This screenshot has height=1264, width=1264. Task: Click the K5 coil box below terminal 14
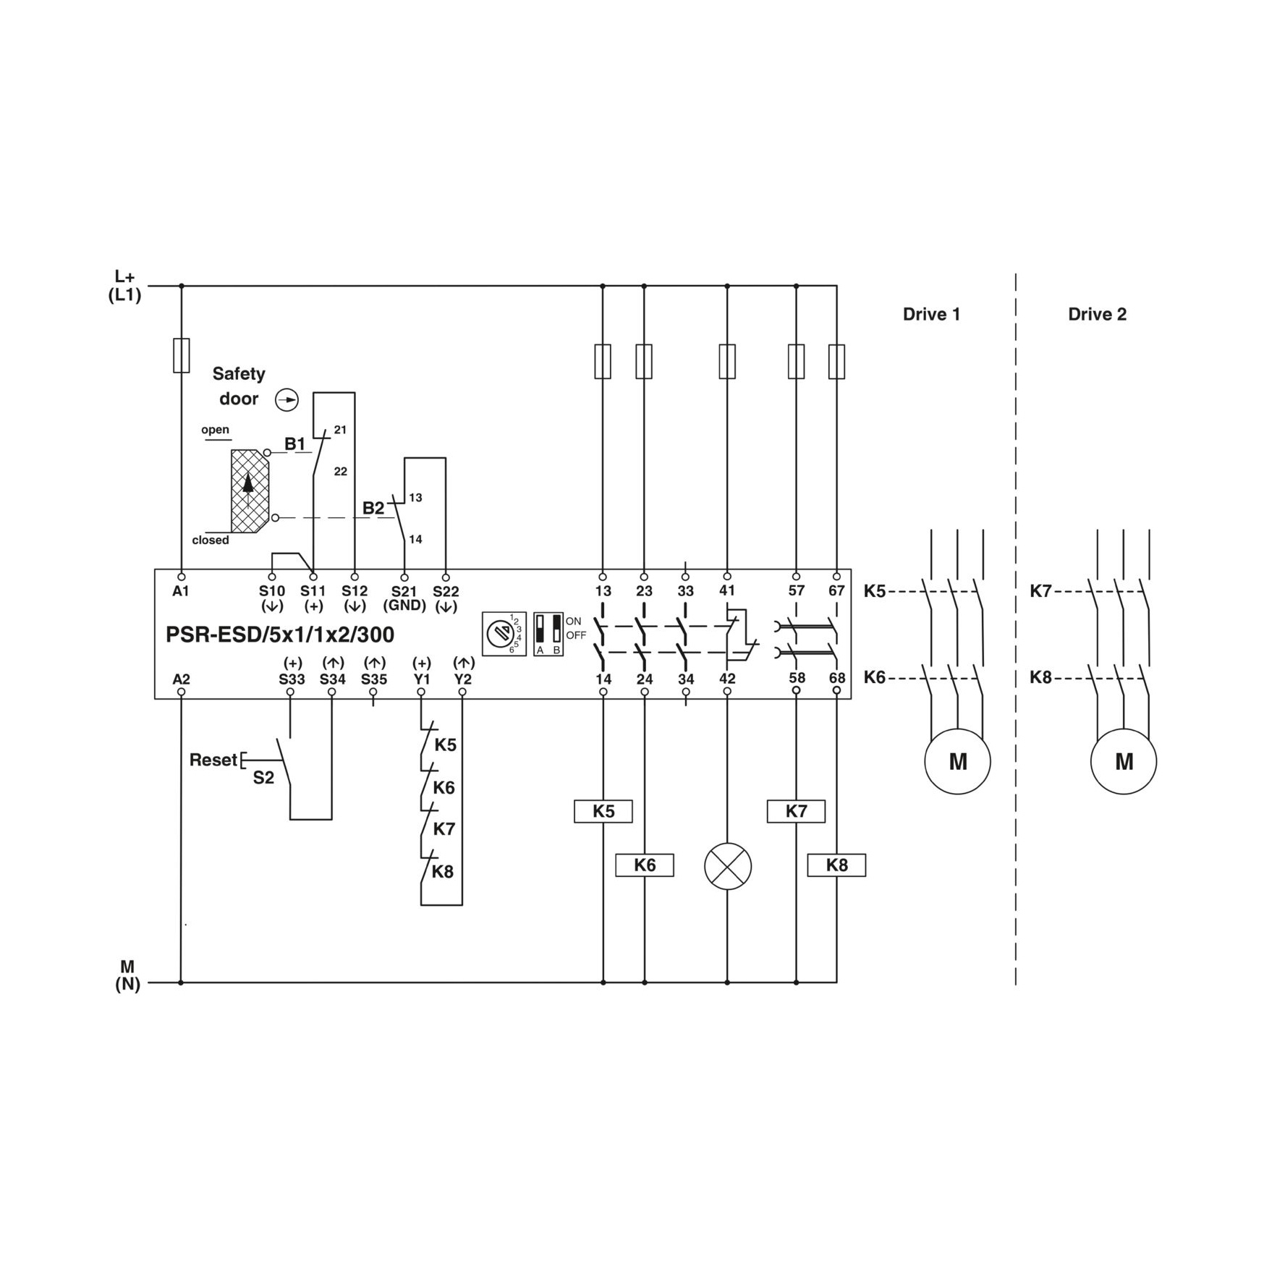click(603, 811)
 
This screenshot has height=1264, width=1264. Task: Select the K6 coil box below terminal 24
click(644, 865)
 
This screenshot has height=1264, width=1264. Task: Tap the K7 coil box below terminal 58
click(796, 811)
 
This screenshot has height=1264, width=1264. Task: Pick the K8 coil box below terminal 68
click(836, 865)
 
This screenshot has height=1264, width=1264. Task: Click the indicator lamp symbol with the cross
click(728, 866)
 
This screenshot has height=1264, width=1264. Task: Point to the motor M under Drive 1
click(957, 761)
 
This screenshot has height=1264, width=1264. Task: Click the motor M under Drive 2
click(1124, 761)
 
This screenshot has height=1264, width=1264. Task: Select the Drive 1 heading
click(931, 314)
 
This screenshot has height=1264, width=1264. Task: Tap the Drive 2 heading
click(1097, 314)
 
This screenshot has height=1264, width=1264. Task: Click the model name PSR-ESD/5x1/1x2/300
click(280, 635)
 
